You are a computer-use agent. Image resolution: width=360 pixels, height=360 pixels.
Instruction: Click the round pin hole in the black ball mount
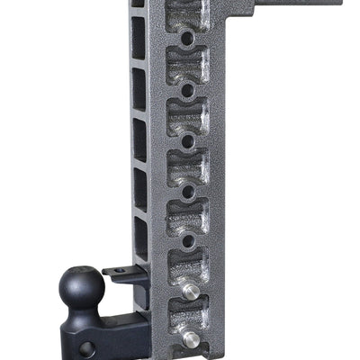click(86, 346)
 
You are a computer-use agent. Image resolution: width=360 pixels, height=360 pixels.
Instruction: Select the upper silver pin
click(191, 290)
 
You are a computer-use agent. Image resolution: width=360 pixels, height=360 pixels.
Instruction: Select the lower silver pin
click(191, 338)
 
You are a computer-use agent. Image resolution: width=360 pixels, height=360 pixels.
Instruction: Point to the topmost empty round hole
click(186, 40)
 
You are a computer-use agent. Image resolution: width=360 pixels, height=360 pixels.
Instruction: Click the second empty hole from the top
click(186, 90)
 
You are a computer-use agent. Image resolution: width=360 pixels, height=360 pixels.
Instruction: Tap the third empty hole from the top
click(186, 140)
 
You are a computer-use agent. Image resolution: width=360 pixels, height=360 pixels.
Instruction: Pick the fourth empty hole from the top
click(186, 191)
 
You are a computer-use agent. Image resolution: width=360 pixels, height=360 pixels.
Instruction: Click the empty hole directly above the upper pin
click(186, 240)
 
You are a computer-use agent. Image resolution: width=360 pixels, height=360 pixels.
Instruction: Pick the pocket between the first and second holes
click(186, 65)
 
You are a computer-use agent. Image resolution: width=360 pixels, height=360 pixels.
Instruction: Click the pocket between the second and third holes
click(186, 115)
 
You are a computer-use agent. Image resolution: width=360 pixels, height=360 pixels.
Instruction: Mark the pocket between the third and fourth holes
click(186, 166)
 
